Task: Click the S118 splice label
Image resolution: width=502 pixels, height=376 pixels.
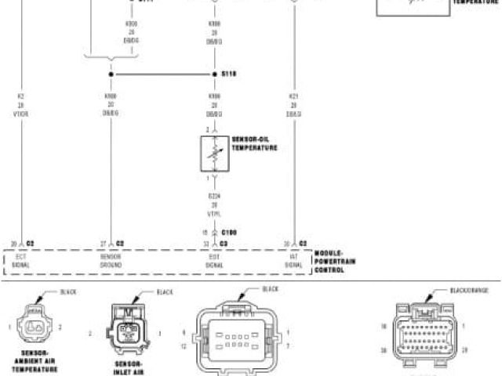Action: click(x=229, y=74)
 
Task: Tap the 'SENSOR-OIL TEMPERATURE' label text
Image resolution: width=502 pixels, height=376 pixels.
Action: click(x=254, y=143)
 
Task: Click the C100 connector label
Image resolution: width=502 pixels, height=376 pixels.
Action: click(x=229, y=232)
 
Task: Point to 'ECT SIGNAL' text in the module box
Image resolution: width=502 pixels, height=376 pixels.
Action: click(x=21, y=261)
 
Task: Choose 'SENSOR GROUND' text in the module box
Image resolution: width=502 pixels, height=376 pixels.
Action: click(x=111, y=261)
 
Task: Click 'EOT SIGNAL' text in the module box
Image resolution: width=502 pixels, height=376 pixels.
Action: click(x=214, y=261)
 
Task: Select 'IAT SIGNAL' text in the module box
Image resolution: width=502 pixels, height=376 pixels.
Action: click(x=293, y=261)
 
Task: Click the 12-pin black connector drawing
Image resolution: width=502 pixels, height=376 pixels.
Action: click(x=238, y=337)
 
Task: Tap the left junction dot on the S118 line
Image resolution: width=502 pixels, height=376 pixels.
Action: click(x=111, y=75)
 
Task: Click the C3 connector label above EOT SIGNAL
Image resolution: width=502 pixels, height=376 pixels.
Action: click(x=224, y=244)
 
